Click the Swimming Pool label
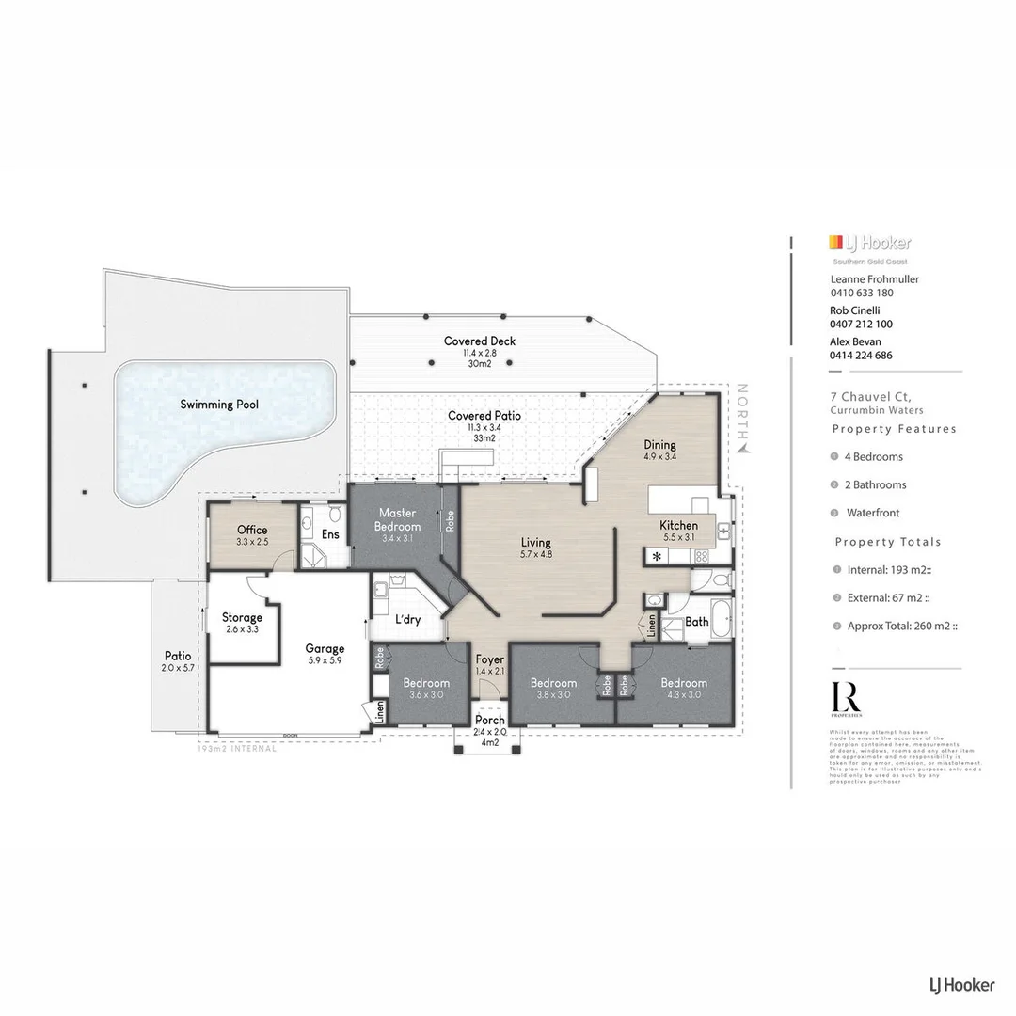(220, 405)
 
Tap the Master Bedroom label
(398, 519)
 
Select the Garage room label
(325, 648)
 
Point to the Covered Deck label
(480, 341)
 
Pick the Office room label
(252, 530)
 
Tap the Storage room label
(242, 618)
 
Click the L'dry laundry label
(406, 619)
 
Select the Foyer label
(489, 659)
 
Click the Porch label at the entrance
(489, 720)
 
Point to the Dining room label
(659, 445)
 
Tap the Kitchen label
(678, 525)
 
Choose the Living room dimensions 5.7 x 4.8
(536, 555)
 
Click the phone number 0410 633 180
(862, 292)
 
